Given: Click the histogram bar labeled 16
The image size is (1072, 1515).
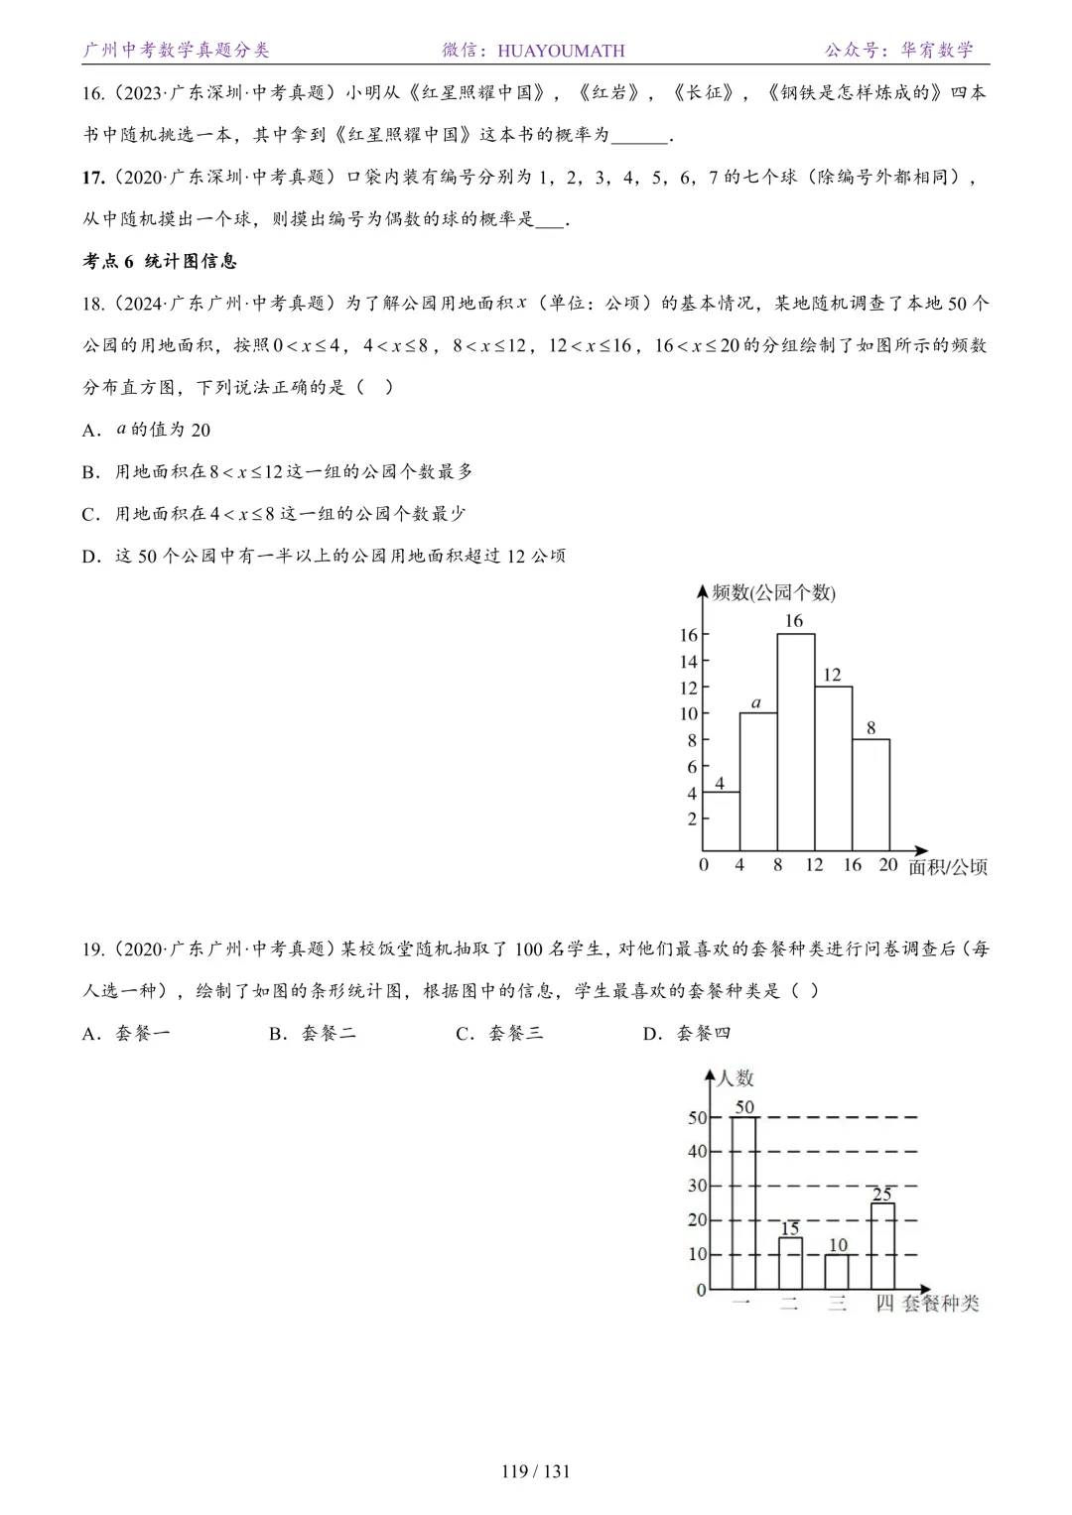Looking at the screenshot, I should [x=795, y=742].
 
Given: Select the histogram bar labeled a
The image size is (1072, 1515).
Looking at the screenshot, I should [x=758, y=782].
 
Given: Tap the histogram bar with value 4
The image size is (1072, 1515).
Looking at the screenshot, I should [x=721, y=821].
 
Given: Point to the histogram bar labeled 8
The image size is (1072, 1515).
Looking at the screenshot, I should [x=871, y=795].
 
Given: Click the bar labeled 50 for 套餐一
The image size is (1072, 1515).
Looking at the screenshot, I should [x=743, y=1202].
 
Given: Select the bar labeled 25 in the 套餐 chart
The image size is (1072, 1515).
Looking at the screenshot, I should [x=882, y=1246].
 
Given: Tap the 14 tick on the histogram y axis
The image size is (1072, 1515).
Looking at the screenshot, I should [x=688, y=662].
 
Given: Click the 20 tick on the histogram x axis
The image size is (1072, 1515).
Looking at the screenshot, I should [x=887, y=865].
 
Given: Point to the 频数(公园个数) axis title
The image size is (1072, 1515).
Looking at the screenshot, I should [x=774, y=593].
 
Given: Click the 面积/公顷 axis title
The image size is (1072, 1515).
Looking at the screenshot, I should [x=948, y=867].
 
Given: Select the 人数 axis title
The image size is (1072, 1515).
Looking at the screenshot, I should [x=736, y=1078].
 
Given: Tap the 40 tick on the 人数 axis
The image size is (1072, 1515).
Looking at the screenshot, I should [x=697, y=1152].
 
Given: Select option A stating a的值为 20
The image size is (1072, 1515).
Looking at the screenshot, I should [x=147, y=430].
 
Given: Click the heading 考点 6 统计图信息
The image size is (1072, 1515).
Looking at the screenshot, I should [x=160, y=261].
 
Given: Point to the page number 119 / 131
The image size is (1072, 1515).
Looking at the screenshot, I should [x=536, y=1471].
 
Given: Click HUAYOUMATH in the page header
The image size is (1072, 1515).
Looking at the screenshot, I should [x=561, y=51].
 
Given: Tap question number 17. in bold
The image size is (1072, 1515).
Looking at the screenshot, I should [x=93, y=178].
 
